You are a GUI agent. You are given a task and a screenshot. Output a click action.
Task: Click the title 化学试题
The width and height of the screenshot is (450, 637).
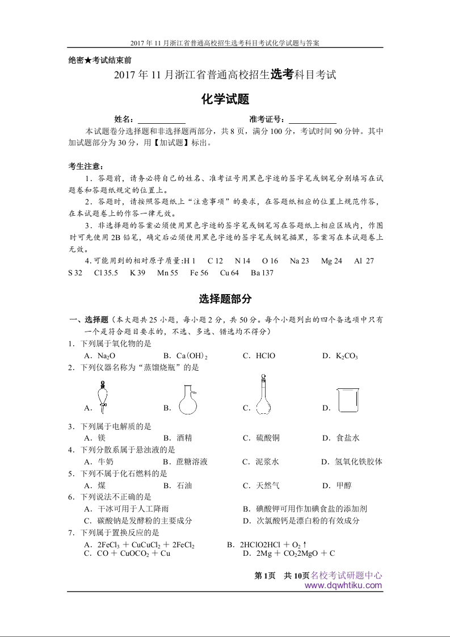tap(225, 99)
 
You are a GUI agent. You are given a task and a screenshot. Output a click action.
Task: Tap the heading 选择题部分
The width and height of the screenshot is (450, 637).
tap(225, 299)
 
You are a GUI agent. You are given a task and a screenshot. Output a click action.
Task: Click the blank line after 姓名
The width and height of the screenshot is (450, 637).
tap(161, 120)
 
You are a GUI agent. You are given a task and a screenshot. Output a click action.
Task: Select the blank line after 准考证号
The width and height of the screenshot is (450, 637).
tap(312, 120)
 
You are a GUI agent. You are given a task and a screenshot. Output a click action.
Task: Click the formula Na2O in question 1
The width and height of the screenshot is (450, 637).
tap(107, 356)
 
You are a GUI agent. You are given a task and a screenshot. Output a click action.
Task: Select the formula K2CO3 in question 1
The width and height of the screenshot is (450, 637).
tap(347, 356)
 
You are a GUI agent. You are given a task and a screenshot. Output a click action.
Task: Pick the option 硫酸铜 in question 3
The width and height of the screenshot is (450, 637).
tap(268, 438)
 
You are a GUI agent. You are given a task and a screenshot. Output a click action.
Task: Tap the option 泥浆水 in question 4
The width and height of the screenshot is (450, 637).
tap(268, 462)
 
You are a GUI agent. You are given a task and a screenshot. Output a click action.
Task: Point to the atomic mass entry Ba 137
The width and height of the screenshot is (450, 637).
tap(262, 273)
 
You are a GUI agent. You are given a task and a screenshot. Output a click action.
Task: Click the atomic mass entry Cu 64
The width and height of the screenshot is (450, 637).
tap(229, 273)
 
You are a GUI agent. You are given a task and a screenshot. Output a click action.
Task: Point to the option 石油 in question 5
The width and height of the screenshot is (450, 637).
tap(184, 485)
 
